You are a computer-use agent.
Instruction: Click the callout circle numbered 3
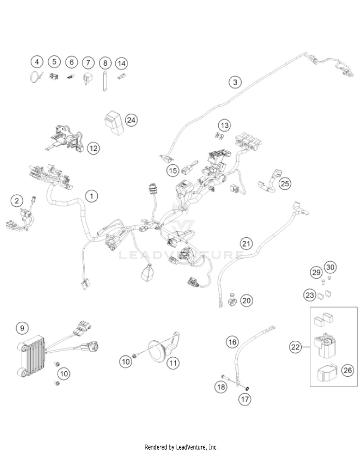(235, 83)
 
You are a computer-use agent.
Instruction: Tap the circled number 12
(93, 148)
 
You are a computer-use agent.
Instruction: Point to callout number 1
(91, 196)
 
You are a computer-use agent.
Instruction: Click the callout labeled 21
(247, 243)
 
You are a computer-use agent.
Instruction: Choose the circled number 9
(21, 328)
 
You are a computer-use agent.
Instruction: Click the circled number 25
(286, 184)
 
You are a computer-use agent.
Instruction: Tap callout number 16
(233, 342)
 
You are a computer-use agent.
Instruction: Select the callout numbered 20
(246, 301)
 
